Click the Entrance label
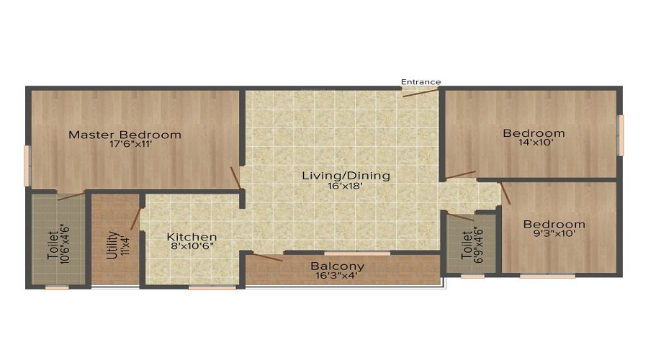[420, 82]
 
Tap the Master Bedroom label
[125, 135]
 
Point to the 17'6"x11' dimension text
[125, 144]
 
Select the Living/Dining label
[346, 176]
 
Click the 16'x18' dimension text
[346, 186]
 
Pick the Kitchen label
[192, 237]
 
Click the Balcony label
[337, 266]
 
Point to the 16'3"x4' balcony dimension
[337, 276]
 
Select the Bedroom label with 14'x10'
[534, 133]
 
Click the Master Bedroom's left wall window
[27, 165]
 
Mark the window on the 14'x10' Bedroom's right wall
[620, 135]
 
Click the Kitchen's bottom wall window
[212, 287]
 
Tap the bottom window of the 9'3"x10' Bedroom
[547, 275]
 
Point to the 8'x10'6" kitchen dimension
[192, 246]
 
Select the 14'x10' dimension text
[534, 143]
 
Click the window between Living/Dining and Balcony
[357, 253]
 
